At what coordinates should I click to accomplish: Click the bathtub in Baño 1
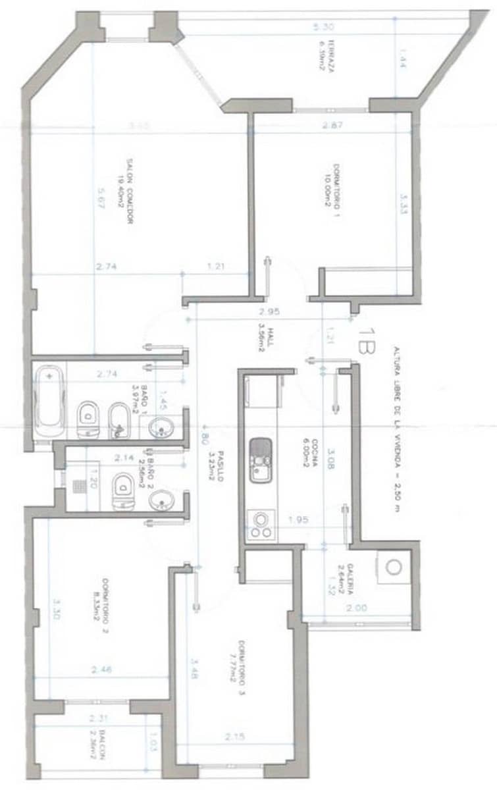[50, 400]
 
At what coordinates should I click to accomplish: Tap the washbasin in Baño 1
[160, 429]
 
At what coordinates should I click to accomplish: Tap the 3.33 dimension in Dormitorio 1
[403, 203]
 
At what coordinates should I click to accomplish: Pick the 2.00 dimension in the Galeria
[358, 608]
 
